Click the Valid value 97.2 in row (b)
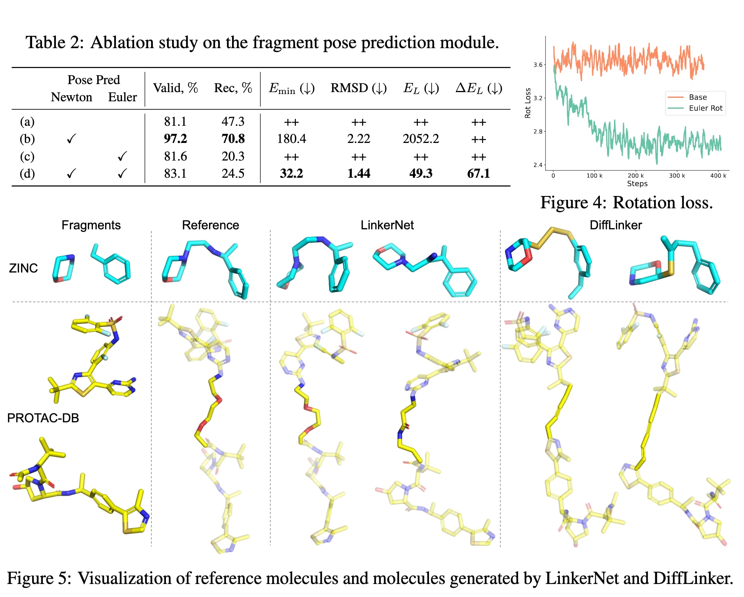(175, 139)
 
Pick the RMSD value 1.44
(358, 174)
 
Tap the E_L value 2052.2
(421, 139)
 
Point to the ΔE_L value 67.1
(478, 174)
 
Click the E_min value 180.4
(291, 139)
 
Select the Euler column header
(122, 97)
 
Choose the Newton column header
(71, 97)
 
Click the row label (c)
(27, 156)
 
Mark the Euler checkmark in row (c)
(122, 156)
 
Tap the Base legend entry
(697, 97)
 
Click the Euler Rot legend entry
(705, 108)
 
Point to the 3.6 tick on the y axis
(538, 65)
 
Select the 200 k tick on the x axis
(635, 176)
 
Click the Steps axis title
(637, 184)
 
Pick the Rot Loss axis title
(528, 103)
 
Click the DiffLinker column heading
(616, 225)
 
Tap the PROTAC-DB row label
(43, 418)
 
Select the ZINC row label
(23, 268)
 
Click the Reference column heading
(210, 225)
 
